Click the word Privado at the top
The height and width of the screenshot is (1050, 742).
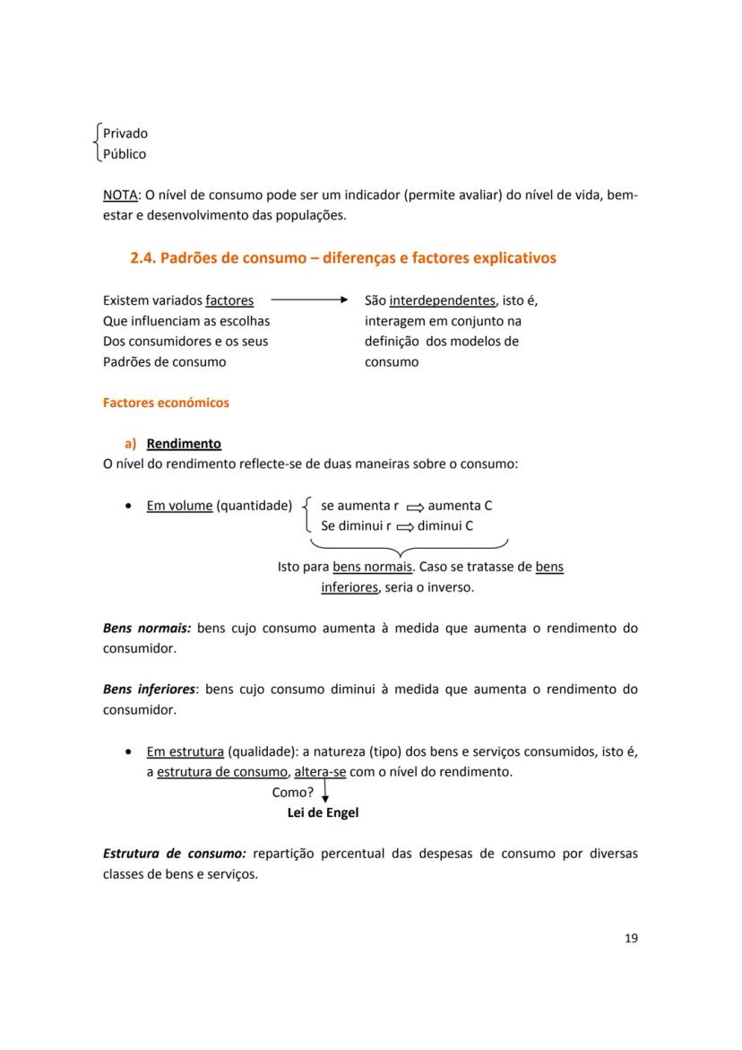[x=125, y=134]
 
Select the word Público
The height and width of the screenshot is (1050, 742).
[x=125, y=154]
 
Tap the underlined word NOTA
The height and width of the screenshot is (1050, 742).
[x=119, y=195]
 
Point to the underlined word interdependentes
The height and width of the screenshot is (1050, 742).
[x=442, y=300]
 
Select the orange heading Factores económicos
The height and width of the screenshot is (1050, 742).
[x=166, y=403]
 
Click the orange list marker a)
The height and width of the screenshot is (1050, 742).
[x=130, y=444]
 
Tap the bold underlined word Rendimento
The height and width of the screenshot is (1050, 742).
[x=184, y=444]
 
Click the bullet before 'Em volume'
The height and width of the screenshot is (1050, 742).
[x=130, y=506]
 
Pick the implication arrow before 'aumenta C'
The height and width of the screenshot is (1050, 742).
[x=414, y=507]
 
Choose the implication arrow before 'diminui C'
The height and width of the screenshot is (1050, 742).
[x=404, y=527]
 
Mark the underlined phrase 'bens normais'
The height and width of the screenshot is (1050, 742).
[x=372, y=568]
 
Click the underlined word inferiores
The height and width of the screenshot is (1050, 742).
[x=349, y=588]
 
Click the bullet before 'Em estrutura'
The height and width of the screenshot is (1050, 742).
[x=130, y=752]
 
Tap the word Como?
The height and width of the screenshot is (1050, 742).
[x=293, y=793]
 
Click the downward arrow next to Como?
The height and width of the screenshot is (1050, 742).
[x=324, y=791]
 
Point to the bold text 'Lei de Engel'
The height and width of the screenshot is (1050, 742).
[x=323, y=813]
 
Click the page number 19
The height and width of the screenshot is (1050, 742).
[x=631, y=939]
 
